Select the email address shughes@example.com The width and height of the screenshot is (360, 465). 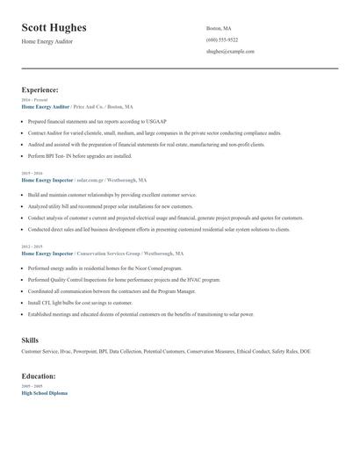pyautogui.click(x=230, y=52)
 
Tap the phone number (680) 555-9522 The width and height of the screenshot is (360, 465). pyautogui.click(x=221, y=40)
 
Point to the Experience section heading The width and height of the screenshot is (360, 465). pyautogui.click(x=40, y=89)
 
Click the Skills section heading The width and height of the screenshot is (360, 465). pyautogui.click(x=30, y=339)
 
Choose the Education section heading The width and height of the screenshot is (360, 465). pyautogui.click(x=39, y=376)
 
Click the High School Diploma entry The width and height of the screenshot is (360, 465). pyautogui.click(x=44, y=393)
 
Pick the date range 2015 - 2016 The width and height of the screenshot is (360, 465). pyautogui.click(x=31, y=174)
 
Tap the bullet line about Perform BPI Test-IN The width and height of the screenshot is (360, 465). pyautogui.click(x=80, y=156)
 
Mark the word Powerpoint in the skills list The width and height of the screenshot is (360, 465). pyautogui.click(x=84, y=352)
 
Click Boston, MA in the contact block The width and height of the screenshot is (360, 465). pyautogui.click(x=219, y=28)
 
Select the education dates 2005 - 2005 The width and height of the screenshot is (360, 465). pyautogui.click(x=31, y=386)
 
